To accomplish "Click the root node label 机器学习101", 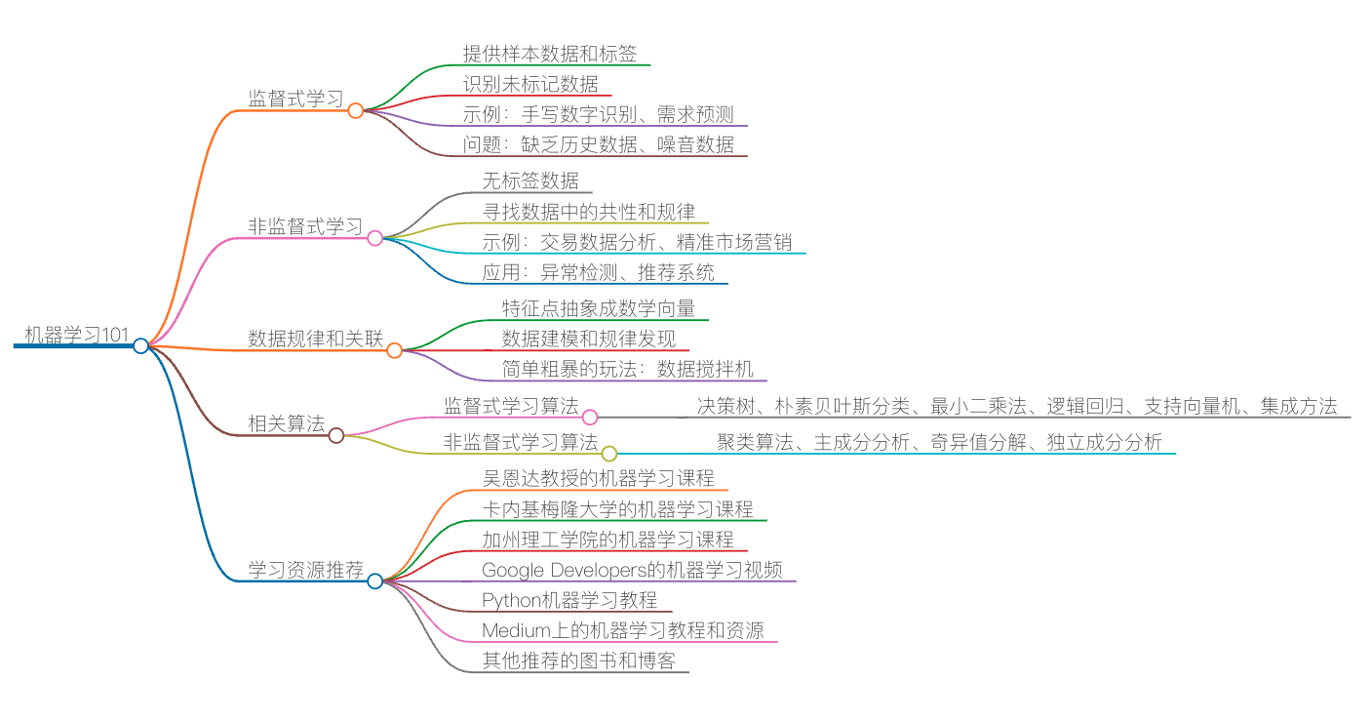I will coord(76,336).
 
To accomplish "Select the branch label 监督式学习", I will coord(295,99).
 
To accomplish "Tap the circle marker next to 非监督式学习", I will coord(375,238).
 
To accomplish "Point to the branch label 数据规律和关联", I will coord(315,339).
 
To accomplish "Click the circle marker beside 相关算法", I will coord(336,435).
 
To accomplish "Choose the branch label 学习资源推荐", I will coord(305,570).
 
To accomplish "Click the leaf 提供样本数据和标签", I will coord(550,53).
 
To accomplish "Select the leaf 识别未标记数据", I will coord(530,84).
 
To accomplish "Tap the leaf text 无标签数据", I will coord(530,180).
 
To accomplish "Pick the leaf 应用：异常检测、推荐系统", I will coord(598,272).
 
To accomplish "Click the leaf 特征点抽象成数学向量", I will coord(598,308).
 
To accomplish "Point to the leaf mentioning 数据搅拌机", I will coord(627,369).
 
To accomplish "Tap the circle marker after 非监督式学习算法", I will coord(609,454).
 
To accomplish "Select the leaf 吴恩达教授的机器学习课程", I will coord(598,478).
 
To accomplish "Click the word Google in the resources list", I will coord(513,570).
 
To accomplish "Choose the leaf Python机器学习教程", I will coord(569,600).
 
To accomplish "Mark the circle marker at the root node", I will coord(141,345).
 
